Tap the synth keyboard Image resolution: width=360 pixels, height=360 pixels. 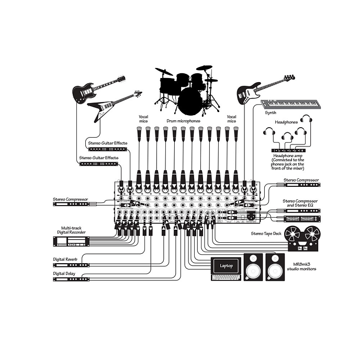click(x=294, y=104)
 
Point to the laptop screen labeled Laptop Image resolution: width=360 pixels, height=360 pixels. click(x=226, y=266)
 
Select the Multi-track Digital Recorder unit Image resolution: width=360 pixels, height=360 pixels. click(x=71, y=241)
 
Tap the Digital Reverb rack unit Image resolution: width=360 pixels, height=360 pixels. click(x=71, y=265)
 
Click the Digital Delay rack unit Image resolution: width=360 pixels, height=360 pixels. click(x=71, y=279)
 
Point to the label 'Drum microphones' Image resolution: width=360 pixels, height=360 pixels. click(x=183, y=121)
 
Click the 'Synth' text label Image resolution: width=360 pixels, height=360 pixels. click(x=271, y=113)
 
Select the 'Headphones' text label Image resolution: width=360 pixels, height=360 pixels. click(x=286, y=122)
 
